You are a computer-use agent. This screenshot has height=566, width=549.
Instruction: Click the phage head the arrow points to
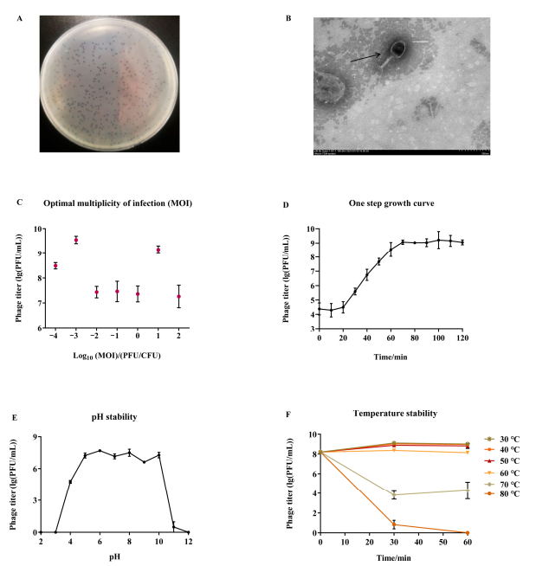point(397,49)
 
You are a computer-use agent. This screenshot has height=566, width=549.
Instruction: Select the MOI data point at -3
point(76,240)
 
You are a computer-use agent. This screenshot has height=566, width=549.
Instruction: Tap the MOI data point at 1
point(158,249)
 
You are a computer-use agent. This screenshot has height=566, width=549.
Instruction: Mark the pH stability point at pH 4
point(69,481)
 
